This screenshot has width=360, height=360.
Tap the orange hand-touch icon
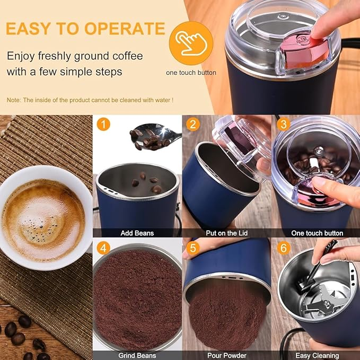[x=191, y=43]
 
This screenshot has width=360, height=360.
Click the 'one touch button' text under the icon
[x=191, y=73]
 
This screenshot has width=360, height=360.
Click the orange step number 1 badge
[x=104, y=125]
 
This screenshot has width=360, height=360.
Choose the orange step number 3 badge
[x=283, y=125]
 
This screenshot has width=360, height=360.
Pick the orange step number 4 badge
[x=104, y=248]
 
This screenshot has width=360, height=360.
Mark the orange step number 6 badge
[x=283, y=248]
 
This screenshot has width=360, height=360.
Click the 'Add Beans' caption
[x=137, y=233]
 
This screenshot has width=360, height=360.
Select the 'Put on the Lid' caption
[x=227, y=233]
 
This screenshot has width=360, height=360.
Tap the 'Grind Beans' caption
[x=137, y=355]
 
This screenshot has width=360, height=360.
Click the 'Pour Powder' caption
[x=227, y=355]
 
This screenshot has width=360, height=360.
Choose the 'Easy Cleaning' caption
[x=317, y=355]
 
